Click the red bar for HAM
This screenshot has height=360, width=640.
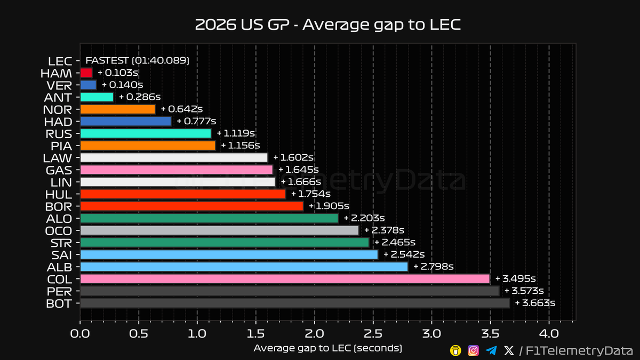[86, 73]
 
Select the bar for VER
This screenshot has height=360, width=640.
[89, 85]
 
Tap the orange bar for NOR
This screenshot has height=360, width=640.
[118, 109]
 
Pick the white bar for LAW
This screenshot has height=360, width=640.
[174, 158]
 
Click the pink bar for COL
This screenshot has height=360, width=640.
[285, 279]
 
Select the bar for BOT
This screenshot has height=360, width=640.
[295, 303]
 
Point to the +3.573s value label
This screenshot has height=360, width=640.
[524, 291]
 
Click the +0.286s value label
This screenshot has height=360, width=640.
[140, 97]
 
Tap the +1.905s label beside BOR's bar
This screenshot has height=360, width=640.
[329, 206]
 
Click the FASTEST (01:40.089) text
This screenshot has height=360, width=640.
[138, 61]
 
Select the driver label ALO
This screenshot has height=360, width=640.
[59, 219]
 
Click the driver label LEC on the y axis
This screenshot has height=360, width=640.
[60, 61]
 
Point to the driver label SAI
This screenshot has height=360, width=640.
[61, 255]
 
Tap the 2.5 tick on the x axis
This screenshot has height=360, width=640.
[373, 334]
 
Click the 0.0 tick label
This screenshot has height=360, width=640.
[80, 334]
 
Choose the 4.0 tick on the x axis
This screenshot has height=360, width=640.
[549, 334]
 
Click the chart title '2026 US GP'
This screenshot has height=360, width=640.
[242, 25]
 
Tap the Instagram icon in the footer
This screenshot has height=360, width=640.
[473, 350]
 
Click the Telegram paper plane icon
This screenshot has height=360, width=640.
[491, 350]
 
